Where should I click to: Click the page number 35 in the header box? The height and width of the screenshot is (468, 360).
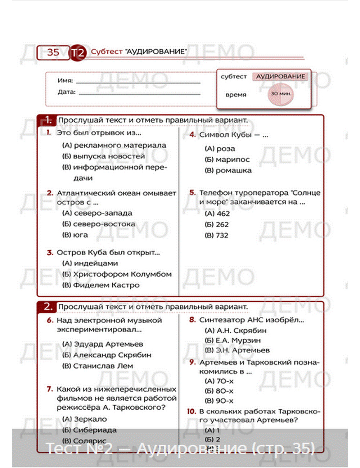pyautogui.click(x=53, y=53)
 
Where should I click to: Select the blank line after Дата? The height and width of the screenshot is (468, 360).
pyautogui.click(x=139, y=94)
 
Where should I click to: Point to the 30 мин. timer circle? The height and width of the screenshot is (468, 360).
pyautogui.click(x=281, y=94)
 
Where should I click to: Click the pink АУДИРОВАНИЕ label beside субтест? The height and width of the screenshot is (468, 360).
pyautogui.click(x=280, y=77)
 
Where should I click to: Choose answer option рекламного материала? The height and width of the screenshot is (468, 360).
pyautogui.click(x=114, y=145)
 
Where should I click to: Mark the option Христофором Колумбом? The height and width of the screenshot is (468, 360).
pyautogui.click(x=117, y=274)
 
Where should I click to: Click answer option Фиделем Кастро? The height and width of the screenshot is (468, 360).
pyautogui.click(x=101, y=285)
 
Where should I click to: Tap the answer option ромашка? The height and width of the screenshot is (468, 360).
pyautogui.click(x=228, y=171)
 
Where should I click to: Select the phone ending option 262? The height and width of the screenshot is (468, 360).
pyautogui.click(x=217, y=225)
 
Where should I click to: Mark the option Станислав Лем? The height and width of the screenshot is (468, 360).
pyautogui.click(x=98, y=366)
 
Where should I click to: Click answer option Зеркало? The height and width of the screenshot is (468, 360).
pyautogui.click(x=85, y=419)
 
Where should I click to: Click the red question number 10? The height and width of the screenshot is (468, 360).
pyautogui.click(x=192, y=411)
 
